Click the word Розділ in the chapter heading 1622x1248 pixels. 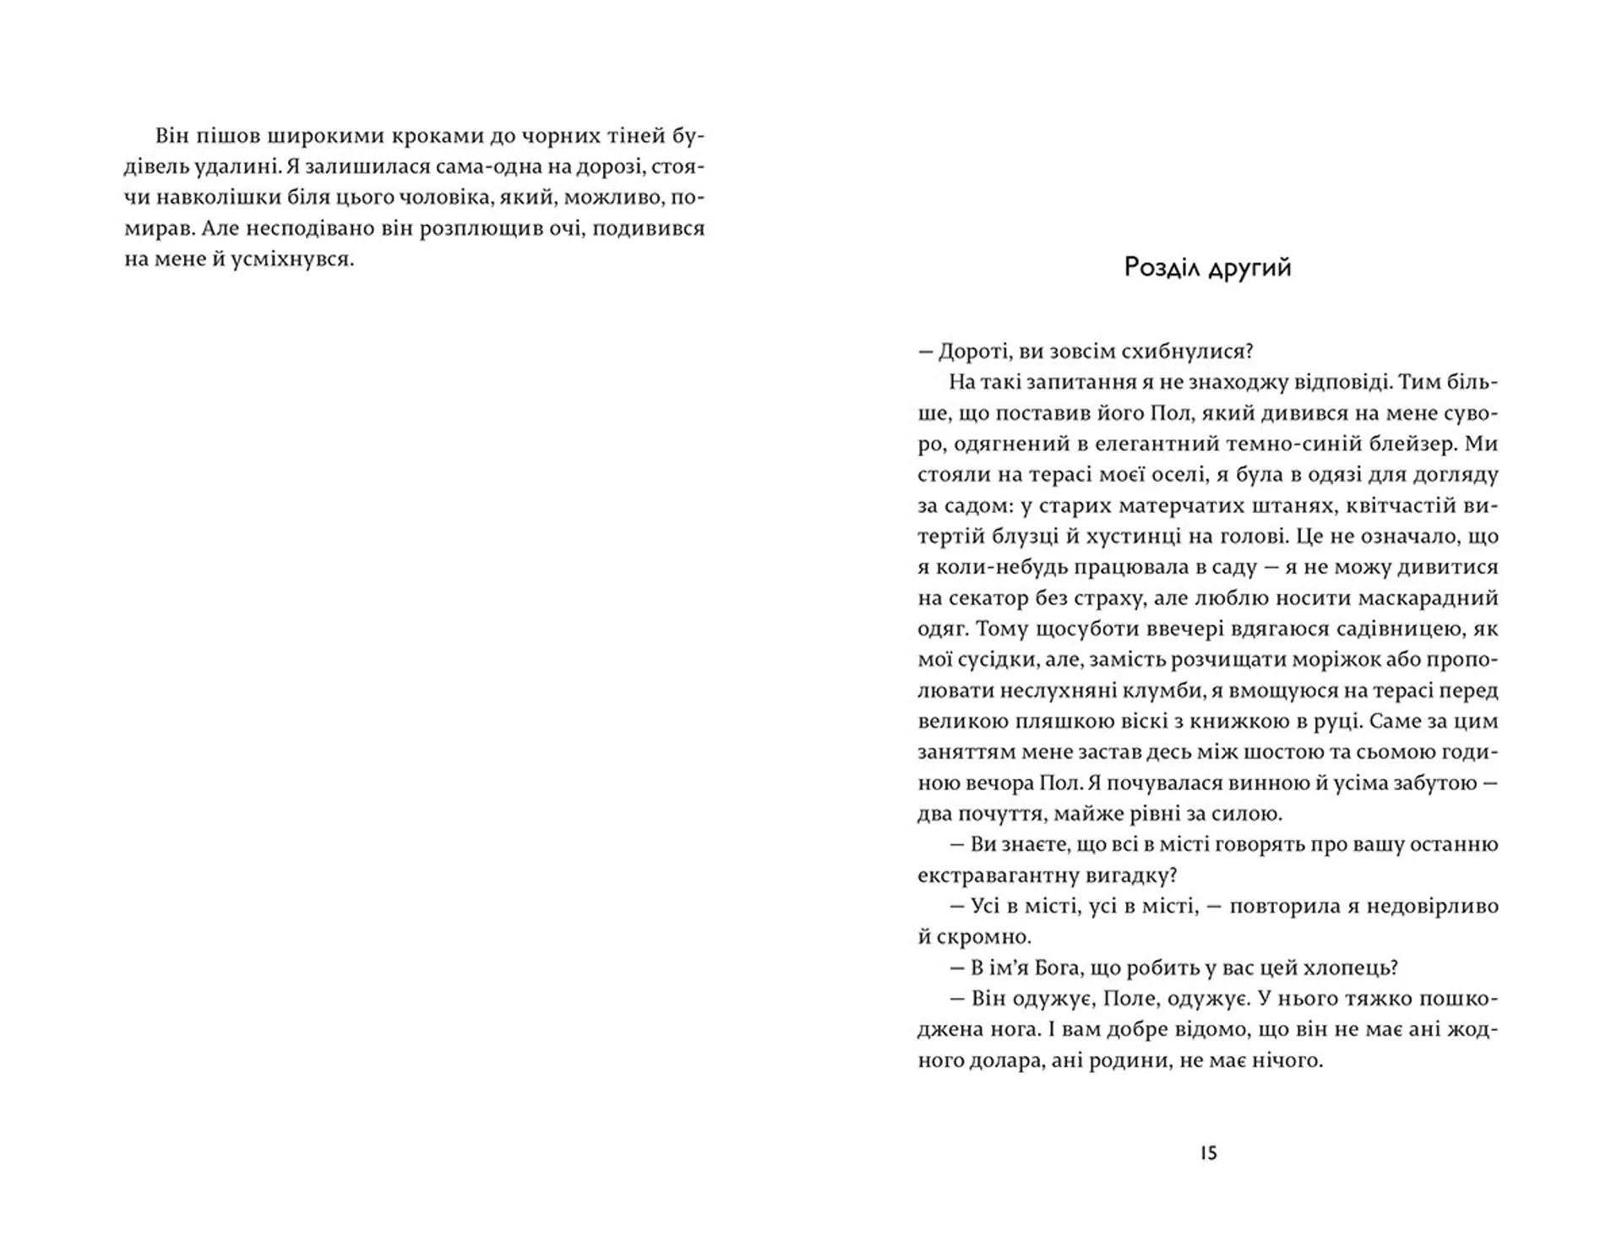pyautogui.click(x=1162, y=268)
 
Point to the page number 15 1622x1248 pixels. pyautogui.click(x=1208, y=1153)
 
